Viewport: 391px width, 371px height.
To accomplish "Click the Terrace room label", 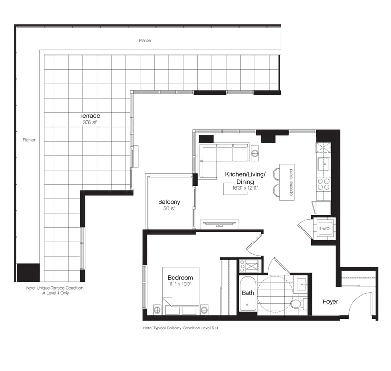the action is coord(89,116).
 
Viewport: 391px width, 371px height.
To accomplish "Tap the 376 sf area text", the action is coord(89,122).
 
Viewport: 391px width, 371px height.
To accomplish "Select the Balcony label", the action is coord(169,202).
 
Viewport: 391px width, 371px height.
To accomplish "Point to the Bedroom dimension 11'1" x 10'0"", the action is coord(181,284).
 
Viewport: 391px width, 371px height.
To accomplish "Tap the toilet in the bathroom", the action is coord(297,304).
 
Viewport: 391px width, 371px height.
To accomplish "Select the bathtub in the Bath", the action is coord(247,293).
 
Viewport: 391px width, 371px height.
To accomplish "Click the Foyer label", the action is coord(331,302).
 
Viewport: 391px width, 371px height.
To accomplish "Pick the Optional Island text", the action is coord(291,182).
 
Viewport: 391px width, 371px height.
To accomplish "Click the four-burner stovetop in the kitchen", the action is coord(323,184).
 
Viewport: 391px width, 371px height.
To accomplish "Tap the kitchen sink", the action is coord(324,164).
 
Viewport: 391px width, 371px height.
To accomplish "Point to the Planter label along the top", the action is coord(145,40).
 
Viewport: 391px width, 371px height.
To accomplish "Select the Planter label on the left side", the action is coord(29,140).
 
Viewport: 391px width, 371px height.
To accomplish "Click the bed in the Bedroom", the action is coord(181,291).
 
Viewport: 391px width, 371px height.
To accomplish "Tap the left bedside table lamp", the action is coord(157,310).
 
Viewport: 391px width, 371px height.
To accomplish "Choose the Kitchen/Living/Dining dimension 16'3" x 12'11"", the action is coord(246,188).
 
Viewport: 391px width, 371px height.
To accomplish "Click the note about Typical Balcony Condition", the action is coord(181,328).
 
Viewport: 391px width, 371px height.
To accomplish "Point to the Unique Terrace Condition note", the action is coord(55,290).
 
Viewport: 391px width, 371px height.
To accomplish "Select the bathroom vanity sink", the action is coord(302,284).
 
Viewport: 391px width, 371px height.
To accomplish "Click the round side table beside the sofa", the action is coord(255,153).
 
